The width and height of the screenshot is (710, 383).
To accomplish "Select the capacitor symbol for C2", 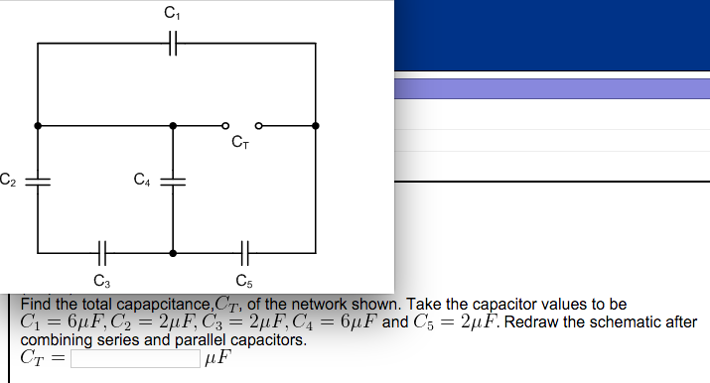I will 38,182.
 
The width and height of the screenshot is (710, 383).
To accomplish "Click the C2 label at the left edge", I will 7,180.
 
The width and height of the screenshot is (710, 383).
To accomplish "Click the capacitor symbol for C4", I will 173,182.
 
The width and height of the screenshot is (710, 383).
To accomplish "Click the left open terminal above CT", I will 225,126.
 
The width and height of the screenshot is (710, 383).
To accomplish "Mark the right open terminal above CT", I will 258,126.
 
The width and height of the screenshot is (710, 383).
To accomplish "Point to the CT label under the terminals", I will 240,144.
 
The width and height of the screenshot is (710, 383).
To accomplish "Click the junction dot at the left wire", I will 38,126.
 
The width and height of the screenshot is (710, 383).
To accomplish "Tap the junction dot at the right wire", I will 316,126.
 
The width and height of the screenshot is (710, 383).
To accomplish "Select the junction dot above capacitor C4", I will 173,126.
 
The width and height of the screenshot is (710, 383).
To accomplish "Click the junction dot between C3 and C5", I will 173,253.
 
